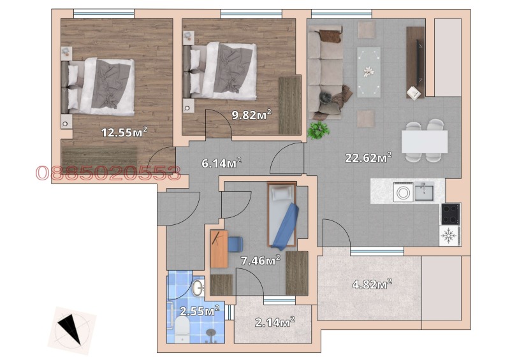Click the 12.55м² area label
click(x=125, y=133)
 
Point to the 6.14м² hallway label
click(x=221, y=163)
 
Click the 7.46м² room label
click(x=260, y=259)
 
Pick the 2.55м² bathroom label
click(x=199, y=311)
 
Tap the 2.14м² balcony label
click(x=274, y=322)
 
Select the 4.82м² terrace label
click(x=372, y=284)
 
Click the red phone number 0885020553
click(x=108, y=173)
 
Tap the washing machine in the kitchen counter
click(x=403, y=192)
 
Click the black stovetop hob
click(x=450, y=213)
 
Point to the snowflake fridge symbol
click(x=449, y=236)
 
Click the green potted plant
click(x=317, y=129)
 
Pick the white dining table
click(x=424, y=141)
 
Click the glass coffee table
click(x=368, y=71)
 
